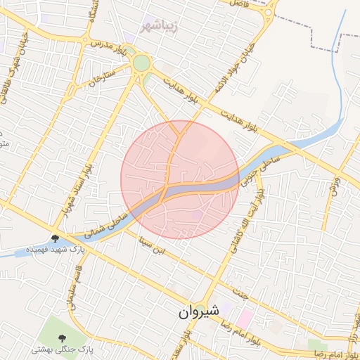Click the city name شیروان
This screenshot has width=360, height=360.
(x=198, y=310)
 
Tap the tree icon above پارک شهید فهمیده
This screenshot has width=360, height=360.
(x=56, y=238)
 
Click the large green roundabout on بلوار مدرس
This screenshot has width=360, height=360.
(x=141, y=63)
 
